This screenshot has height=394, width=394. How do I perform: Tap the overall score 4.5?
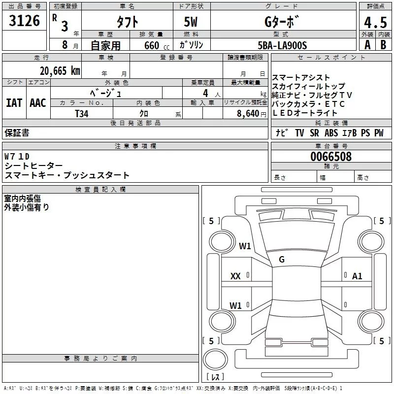pyautogui.click(x=375, y=22)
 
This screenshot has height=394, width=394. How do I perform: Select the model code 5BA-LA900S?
pyautogui.click(x=282, y=45)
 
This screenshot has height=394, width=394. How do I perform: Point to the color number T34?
pyautogui.click(x=82, y=113)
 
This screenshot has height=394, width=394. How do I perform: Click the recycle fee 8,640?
pyautogui.click(x=245, y=113)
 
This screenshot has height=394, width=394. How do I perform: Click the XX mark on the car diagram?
pyautogui.click(x=235, y=277)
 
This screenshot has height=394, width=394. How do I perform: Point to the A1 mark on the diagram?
pyautogui.click(x=357, y=276)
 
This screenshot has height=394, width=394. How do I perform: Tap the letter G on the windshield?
pyautogui.click(x=282, y=260)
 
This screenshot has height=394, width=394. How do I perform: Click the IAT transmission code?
pyautogui.click(x=14, y=102)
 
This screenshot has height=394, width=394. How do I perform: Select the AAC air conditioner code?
pyautogui.click(x=38, y=102)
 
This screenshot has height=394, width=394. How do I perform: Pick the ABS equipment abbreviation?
pyautogui.click(x=331, y=133)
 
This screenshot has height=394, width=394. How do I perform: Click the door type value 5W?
pyautogui.click(x=191, y=22)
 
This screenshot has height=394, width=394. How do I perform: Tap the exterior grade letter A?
pyautogui.click(x=367, y=45)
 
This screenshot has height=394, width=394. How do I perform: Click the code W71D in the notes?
pyautogui.click(x=17, y=156)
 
